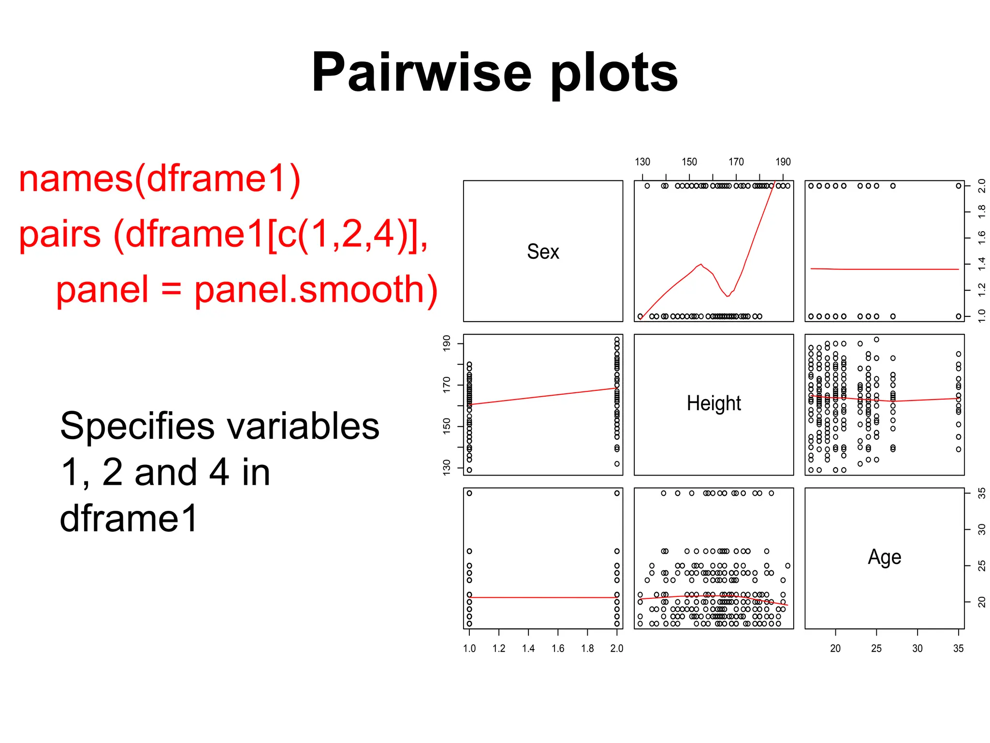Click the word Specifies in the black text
click(x=137, y=427)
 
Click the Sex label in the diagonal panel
click(x=543, y=252)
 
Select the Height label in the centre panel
click(x=713, y=403)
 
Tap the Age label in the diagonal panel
click(x=884, y=557)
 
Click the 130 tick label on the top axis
click(x=642, y=162)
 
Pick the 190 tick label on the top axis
click(x=783, y=162)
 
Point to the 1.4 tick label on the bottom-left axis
click(x=528, y=648)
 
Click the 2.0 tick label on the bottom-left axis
click(x=617, y=648)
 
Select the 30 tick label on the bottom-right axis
click(x=917, y=648)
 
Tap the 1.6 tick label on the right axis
click(x=981, y=238)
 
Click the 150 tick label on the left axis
click(x=447, y=426)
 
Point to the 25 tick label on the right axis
click(x=981, y=565)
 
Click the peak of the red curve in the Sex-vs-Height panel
click(x=700, y=264)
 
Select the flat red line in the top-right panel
click(x=885, y=269)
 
